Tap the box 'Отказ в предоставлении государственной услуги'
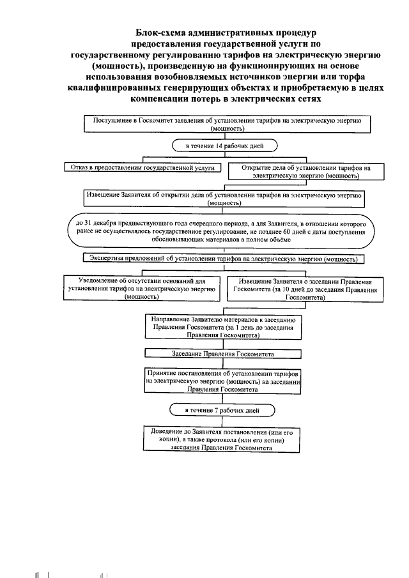141,167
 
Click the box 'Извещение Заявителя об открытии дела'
224,199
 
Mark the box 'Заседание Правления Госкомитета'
223,353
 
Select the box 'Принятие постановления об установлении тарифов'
223,379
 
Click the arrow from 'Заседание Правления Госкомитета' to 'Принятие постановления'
223,362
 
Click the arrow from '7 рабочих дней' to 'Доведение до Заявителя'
223,420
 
